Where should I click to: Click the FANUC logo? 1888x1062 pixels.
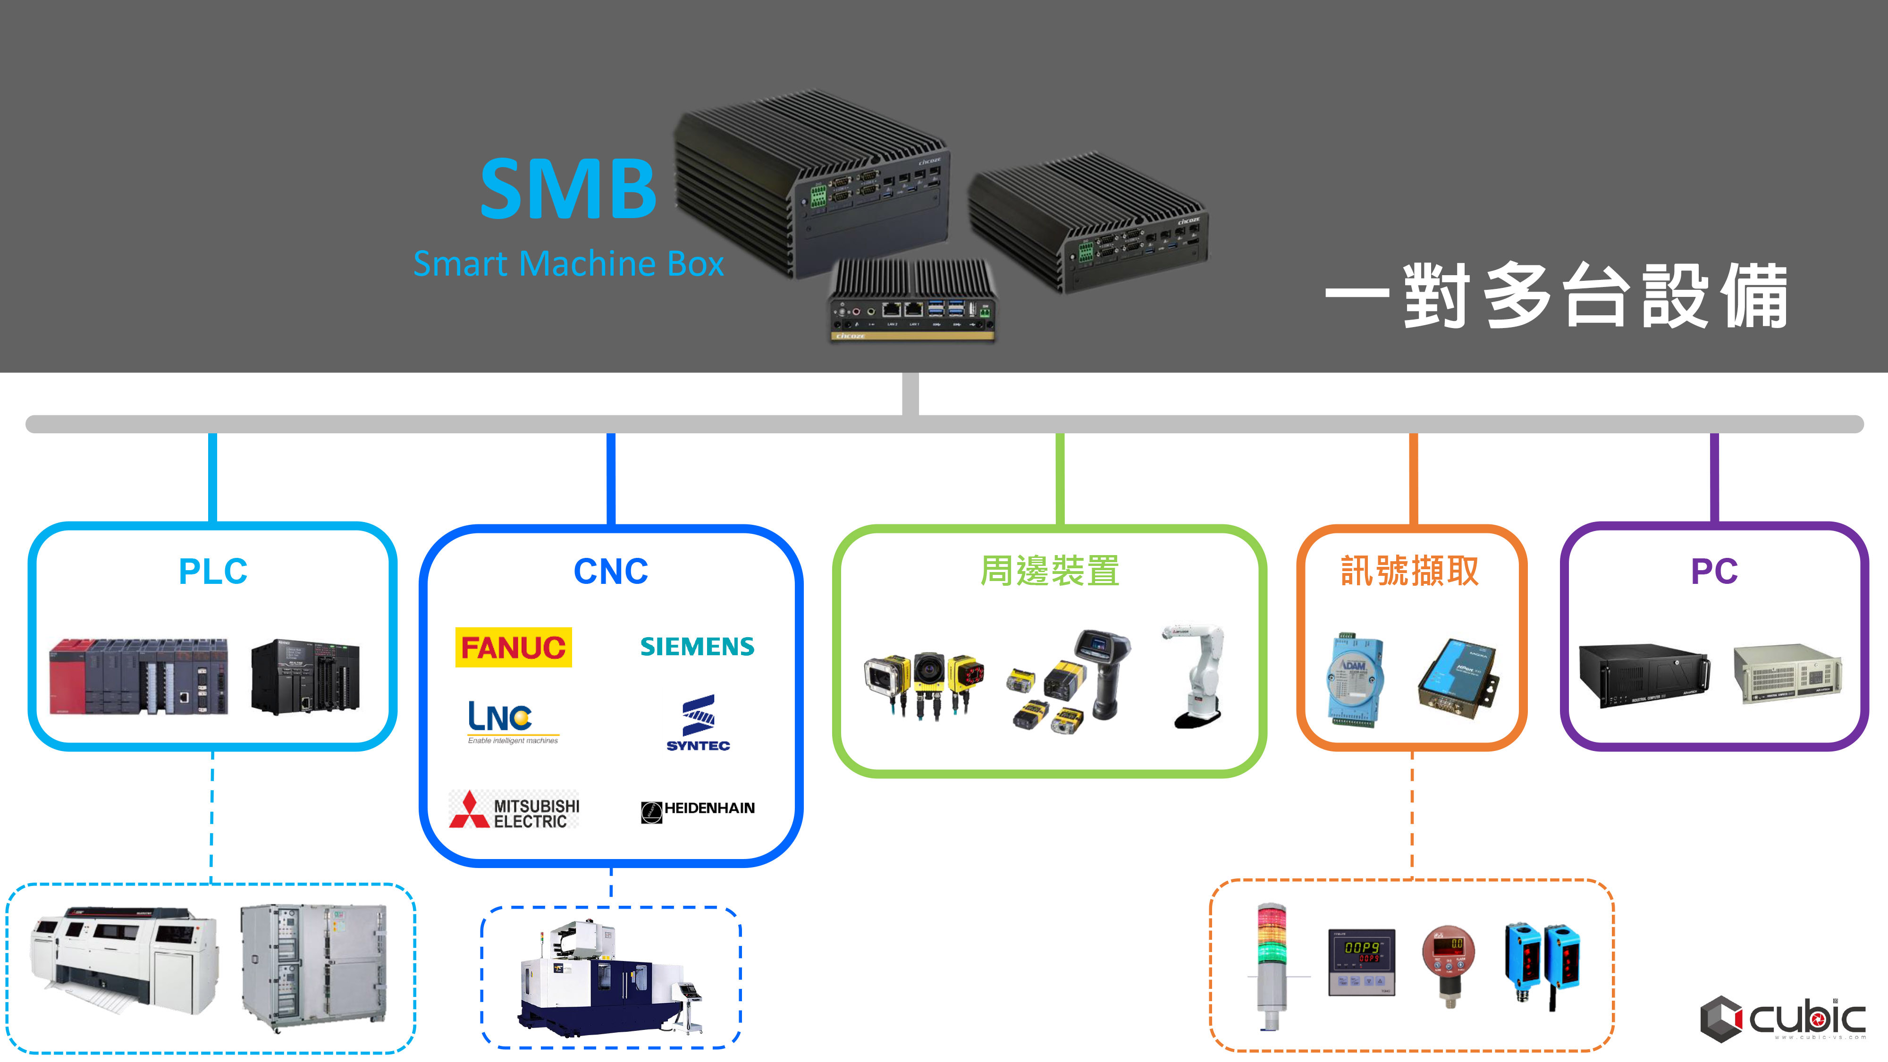(513, 647)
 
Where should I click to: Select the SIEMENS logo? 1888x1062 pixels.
(697, 647)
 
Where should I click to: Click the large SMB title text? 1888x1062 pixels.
(568, 189)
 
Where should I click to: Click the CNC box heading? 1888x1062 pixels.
(610, 571)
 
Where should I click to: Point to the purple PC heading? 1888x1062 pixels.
(1713, 571)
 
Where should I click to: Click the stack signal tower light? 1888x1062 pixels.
(1272, 966)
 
